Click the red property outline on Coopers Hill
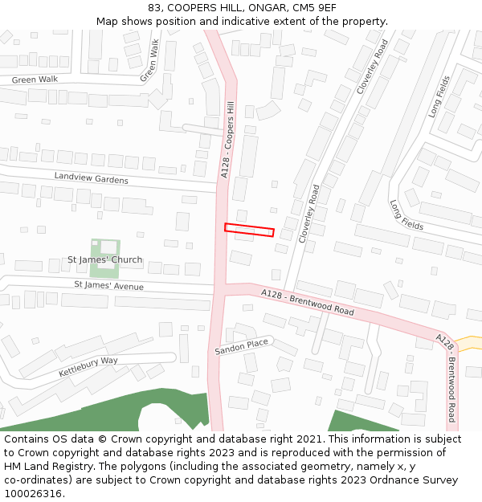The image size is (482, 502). (x=249, y=230)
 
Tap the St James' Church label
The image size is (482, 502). (x=104, y=259)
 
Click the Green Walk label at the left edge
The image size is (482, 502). (x=35, y=80)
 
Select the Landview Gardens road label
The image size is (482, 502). (x=91, y=178)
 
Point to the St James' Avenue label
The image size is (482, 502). (x=108, y=286)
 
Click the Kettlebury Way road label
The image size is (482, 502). (x=88, y=367)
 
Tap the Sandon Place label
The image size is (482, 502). (x=241, y=347)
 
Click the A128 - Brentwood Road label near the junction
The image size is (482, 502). (x=308, y=303)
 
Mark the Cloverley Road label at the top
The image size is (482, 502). (x=372, y=67)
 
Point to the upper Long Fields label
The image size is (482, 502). (x=440, y=96)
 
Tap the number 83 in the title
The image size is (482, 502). (x=155, y=8)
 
